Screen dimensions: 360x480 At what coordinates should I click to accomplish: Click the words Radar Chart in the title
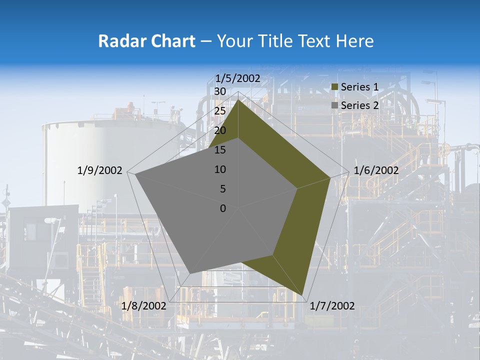pos(146,41)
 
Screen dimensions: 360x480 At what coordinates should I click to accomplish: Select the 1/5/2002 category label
pos(237,78)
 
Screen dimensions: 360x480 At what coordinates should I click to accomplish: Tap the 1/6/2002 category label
pos(376,170)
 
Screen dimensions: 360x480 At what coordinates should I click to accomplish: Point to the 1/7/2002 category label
pos(332,306)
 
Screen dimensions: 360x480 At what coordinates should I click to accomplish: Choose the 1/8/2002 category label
pos(143,306)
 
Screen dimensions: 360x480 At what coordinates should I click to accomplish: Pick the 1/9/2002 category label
pos(100,170)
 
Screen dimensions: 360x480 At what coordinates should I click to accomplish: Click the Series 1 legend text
pos(359,87)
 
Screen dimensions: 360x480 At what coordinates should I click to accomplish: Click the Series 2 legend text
pos(359,105)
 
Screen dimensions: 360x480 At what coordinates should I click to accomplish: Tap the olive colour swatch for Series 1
pos(335,87)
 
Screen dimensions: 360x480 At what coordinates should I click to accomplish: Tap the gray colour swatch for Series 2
pos(335,106)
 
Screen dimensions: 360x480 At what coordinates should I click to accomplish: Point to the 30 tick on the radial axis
pos(219,91)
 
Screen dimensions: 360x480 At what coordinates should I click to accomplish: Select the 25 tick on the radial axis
pos(219,111)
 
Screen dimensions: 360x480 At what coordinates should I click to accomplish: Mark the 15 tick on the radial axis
pos(219,150)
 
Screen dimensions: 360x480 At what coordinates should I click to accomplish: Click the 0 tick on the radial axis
pos(223,208)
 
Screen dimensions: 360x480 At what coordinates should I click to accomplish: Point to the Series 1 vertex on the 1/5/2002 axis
pos(238,100)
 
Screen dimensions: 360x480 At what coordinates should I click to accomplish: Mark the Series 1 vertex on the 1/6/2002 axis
pos(330,177)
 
